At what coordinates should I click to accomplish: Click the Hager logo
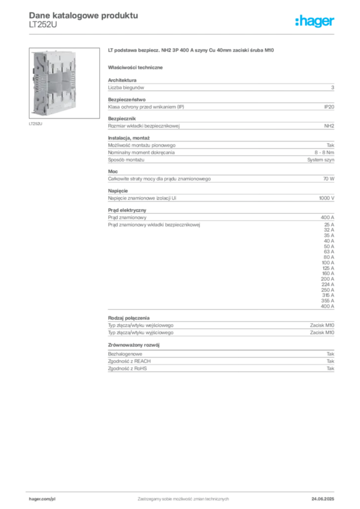(315, 21)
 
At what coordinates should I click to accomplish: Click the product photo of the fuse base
(64, 83)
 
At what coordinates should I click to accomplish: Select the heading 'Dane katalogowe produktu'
(84, 15)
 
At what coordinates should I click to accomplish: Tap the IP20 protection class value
(329, 107)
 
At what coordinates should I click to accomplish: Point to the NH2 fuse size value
(329, 126)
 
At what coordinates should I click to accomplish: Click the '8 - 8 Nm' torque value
(324, 153)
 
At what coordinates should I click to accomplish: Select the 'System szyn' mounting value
(321, 160)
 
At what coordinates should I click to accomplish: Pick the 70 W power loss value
(329, 179)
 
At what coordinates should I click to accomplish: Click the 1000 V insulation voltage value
(327, 198)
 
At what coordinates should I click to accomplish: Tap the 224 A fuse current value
(328, 284)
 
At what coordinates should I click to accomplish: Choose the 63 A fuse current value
(329, 252)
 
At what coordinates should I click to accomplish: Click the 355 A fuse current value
(328, 301)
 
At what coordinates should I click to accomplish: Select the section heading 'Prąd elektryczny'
(127, 210)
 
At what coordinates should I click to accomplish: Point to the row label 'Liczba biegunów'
(126, 87)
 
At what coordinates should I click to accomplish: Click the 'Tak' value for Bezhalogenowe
(331, 354)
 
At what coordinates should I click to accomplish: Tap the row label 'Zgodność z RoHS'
(127, 368)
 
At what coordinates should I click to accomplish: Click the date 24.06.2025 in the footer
(323, 499)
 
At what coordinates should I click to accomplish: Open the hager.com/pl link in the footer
(42, 499)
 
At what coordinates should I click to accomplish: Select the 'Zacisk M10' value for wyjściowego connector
(322, 333)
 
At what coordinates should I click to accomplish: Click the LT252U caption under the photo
(36, 124)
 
